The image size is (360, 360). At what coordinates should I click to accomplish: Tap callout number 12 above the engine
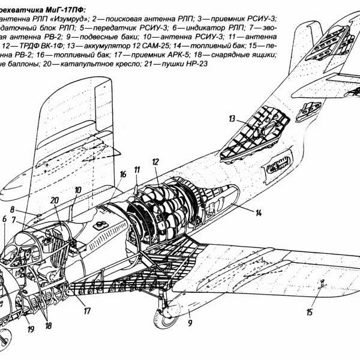click(155, 163)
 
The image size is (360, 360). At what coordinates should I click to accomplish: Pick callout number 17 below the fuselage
click(87, 311)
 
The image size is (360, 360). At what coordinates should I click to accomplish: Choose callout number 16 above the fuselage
click(123, 174)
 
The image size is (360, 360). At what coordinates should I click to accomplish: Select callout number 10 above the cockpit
click(77, 191)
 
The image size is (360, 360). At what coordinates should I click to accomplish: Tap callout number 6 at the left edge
click(4, 220)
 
